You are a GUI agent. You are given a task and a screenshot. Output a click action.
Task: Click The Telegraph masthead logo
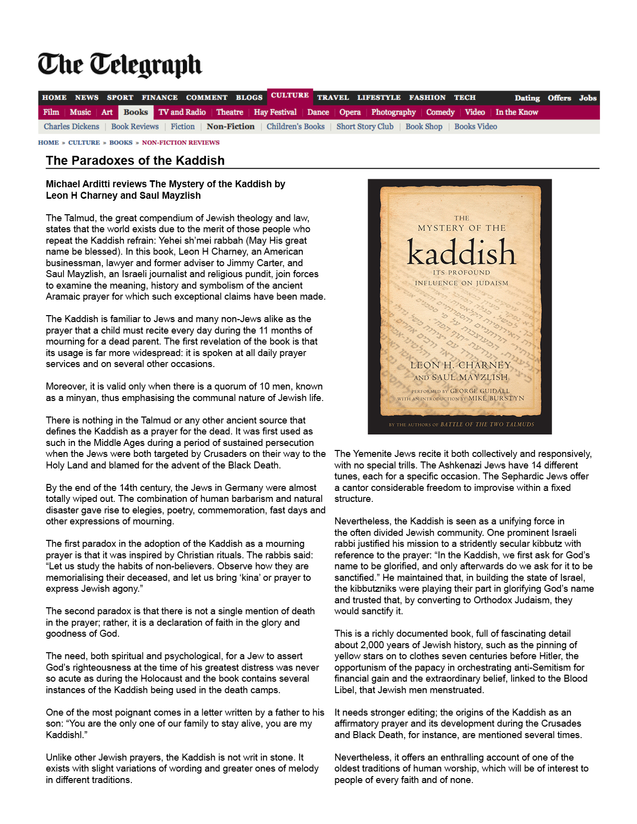pos(120,65)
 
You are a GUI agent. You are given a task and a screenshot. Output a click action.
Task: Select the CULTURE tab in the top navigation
pos(290,95)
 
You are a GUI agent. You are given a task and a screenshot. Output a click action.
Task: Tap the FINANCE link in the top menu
pos(159,98)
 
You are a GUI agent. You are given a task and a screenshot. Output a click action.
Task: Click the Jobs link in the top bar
pos(588,98)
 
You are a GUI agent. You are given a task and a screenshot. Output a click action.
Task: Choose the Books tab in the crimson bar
pos(136,112)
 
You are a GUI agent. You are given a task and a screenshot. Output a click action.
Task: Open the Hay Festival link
pos(275,112)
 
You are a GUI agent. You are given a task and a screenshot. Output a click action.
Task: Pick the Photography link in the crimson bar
pos(393,112)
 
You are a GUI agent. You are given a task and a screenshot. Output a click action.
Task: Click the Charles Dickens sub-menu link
pos(71,127)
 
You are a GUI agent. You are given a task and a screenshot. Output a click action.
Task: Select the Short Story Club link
pos(365,127)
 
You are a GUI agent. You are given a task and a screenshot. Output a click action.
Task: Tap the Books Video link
pos(476,127)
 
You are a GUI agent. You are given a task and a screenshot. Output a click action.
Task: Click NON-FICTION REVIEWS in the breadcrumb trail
pos(180,143)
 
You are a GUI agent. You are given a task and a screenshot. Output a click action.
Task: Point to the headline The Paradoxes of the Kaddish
pos(135,161)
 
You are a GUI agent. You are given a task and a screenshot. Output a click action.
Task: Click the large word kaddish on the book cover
pos(461,252)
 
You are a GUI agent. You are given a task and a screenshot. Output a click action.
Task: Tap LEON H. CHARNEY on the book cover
pos(461,365)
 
